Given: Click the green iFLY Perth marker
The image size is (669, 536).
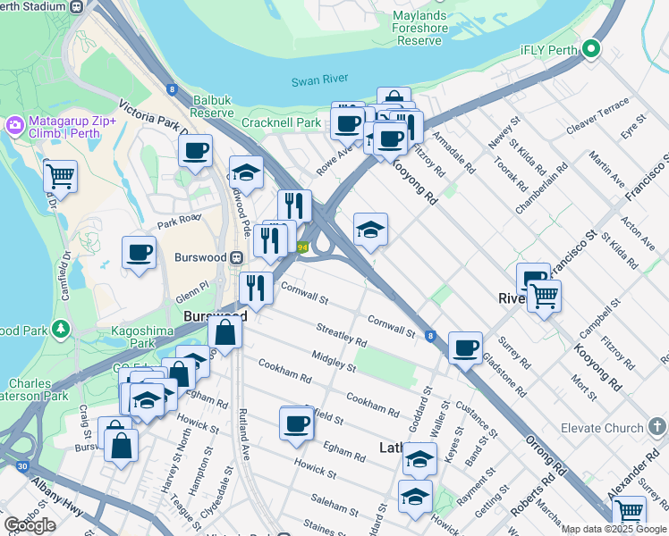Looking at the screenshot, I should point(589,50).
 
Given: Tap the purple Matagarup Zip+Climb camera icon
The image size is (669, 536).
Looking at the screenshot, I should point(14,124).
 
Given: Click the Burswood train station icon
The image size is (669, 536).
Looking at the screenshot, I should point(237,258).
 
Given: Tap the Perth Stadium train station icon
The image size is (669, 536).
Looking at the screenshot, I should point(77,6).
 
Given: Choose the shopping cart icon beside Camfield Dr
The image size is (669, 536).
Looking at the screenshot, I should point(60,175).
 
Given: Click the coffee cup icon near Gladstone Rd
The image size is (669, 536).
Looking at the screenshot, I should point(464,347).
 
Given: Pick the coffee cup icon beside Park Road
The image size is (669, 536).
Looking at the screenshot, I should point(139,252).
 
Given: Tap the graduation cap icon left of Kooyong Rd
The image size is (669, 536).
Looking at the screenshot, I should point(370,230).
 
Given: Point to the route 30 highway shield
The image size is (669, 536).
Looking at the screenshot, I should point(20,465).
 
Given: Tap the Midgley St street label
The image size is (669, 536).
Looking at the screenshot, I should point(334,362).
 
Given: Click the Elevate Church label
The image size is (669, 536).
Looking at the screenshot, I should point(604,428).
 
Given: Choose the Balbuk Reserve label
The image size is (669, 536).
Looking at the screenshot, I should point(212,107).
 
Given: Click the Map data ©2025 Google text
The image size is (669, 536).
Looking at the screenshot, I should point(614,529).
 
